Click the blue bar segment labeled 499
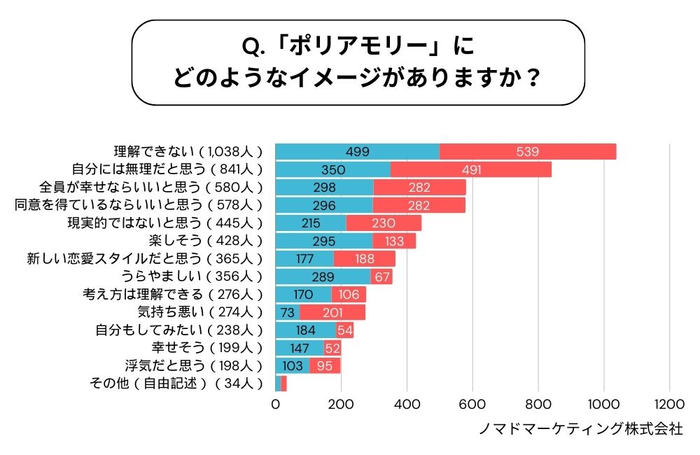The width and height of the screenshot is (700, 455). (x=357, y=151)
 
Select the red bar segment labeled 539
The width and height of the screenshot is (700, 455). (x=528, y=151)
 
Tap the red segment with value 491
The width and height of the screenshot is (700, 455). (x=471, y=169)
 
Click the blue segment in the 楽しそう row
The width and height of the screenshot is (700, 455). (x=323, y=241)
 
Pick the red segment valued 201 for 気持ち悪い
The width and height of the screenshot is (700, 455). (x=332, y=312)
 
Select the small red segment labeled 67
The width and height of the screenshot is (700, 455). (x=381, y=276)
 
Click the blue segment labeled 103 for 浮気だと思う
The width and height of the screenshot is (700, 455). (x=292, y=365)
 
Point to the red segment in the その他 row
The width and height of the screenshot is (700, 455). (x=283, y=384)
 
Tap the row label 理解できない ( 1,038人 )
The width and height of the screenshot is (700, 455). (x=188, y=151)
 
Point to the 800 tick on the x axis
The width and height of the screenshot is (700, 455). (x=538, y=404)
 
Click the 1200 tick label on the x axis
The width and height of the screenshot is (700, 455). (x=669, y=404)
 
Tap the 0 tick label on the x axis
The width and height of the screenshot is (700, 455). (x=275, y=404)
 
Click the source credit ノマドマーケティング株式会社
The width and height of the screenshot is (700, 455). (x=580, y=428)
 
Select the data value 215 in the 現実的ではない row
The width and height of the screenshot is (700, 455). (x=310, y=223)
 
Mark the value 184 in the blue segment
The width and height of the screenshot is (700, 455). (x=306, y=330)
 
